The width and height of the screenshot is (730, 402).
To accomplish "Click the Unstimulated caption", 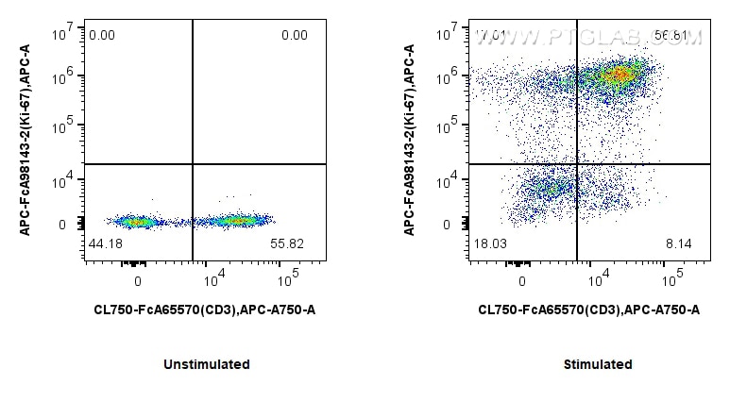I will click(206, 364).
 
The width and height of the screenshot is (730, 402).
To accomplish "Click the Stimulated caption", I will click(597, 364).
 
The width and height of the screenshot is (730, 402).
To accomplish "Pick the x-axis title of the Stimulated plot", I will click(588, 310).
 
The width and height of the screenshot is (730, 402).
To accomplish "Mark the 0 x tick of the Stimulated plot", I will click(522, 280).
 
